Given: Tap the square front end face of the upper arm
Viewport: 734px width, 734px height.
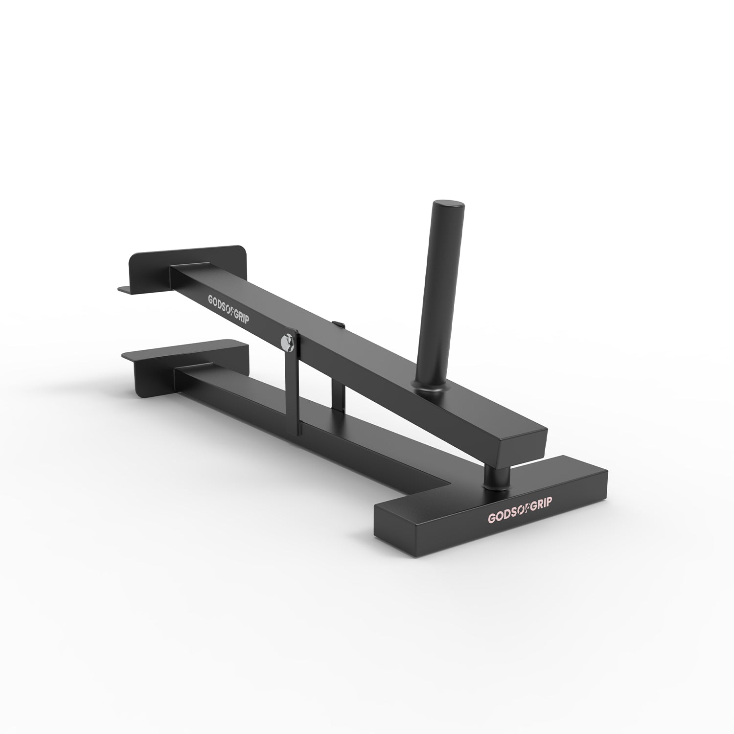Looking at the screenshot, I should click(x=522, y=442).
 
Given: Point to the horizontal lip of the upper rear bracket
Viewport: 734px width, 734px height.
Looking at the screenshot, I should click(x=129, y=289).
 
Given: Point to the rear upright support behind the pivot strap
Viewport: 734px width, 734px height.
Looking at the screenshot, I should click(x=338, y=391).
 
